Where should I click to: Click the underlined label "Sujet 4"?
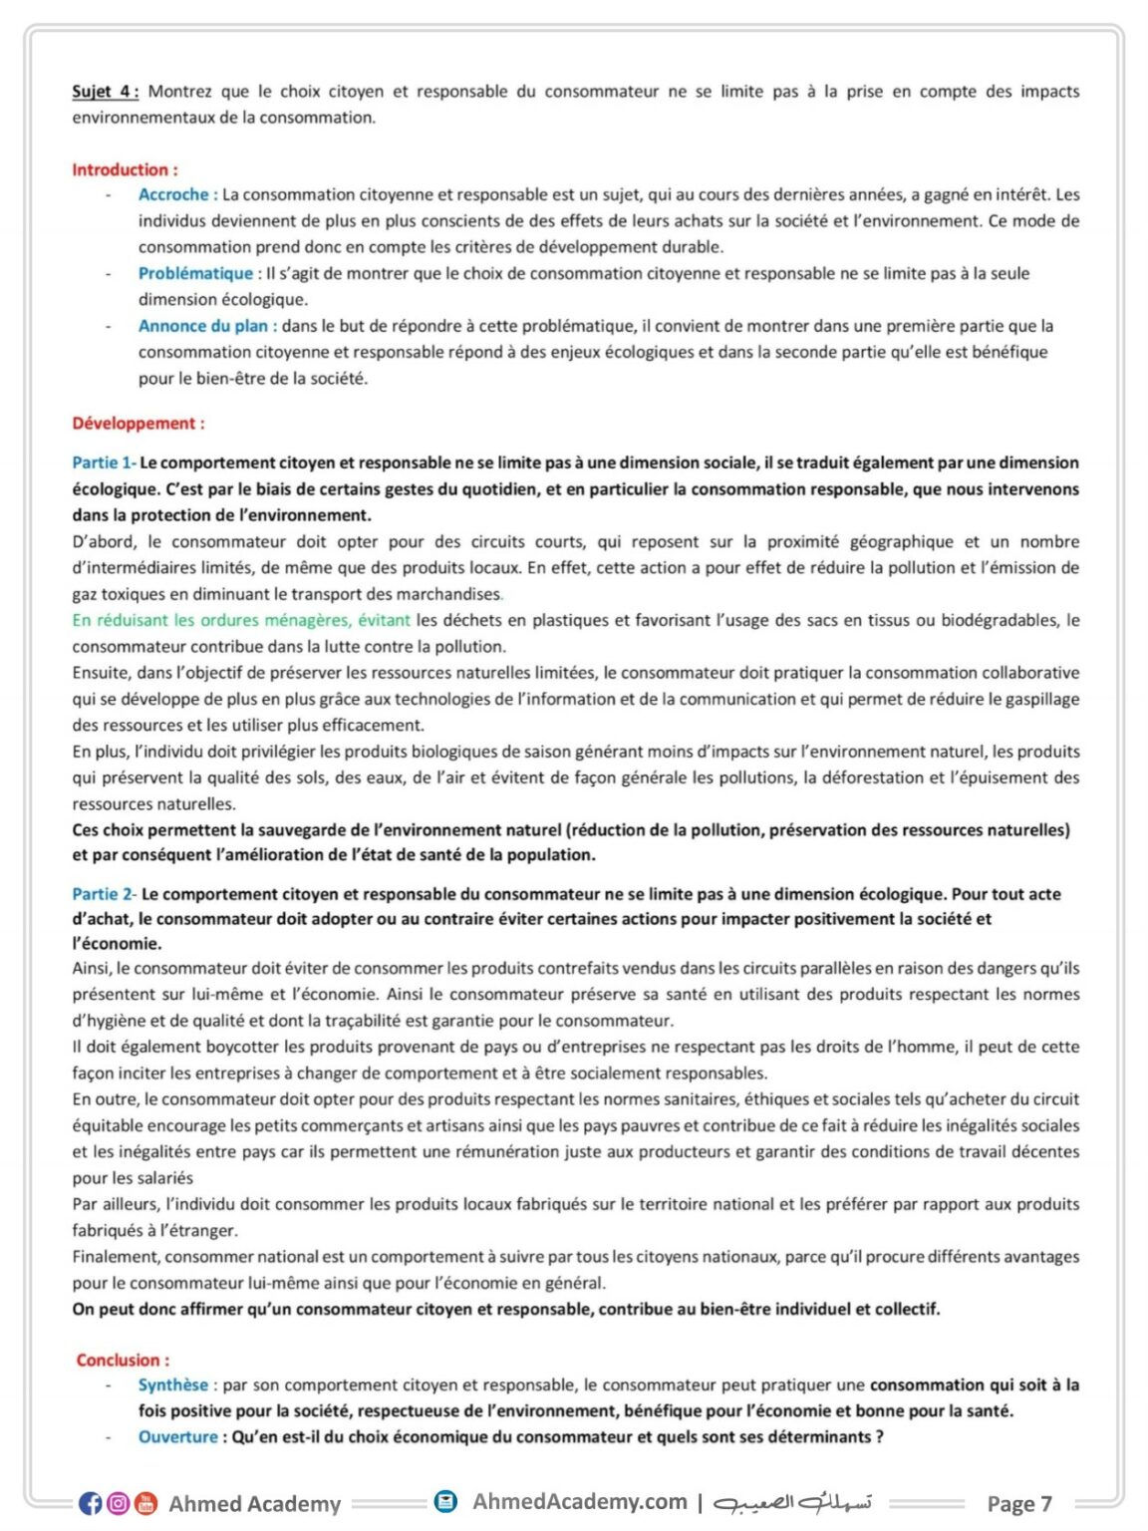(x=104, y=92)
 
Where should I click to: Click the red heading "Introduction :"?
(x=125, y=169)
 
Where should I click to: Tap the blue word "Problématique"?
(x=195, y=273)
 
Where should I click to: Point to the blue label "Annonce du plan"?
(x=203, y=326)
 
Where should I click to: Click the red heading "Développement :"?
(x=138, y=424)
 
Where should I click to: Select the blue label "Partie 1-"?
(x=103, y=462)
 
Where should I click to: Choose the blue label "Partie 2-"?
(x=104, y=894)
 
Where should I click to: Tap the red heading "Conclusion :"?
(x=123, y=1360)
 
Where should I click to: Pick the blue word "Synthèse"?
(x=173, y=1384)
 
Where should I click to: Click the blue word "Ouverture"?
(x=177, y=1436)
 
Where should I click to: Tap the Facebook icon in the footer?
(x=91, y=1503)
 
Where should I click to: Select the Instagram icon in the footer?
(x=119, y=1503)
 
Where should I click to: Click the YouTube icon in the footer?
(x=146, y=1503)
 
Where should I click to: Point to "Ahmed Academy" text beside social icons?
(x=255, y=1503)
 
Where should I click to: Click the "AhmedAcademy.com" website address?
(x=580, y=1501)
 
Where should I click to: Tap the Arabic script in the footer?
(x=793, y=1502)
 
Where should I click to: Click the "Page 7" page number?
(x=1018, y=1503)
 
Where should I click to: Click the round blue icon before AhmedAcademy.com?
(x=446, y=1501)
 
